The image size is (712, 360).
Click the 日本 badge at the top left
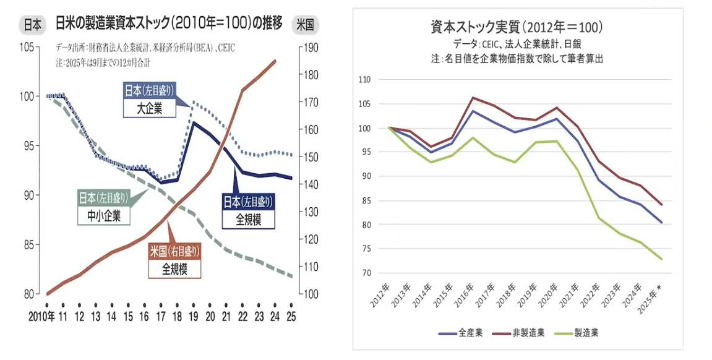[x=32, y=25]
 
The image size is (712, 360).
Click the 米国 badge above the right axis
[x=305, y=25]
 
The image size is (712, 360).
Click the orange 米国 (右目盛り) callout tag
[x=175, y=251]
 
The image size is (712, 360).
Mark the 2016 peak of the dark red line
[x=473, y=97]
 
